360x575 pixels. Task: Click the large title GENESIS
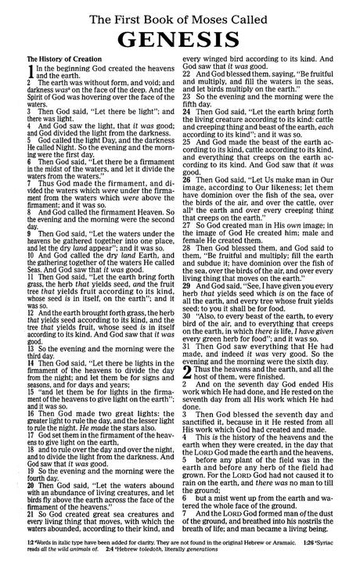(181, 37)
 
